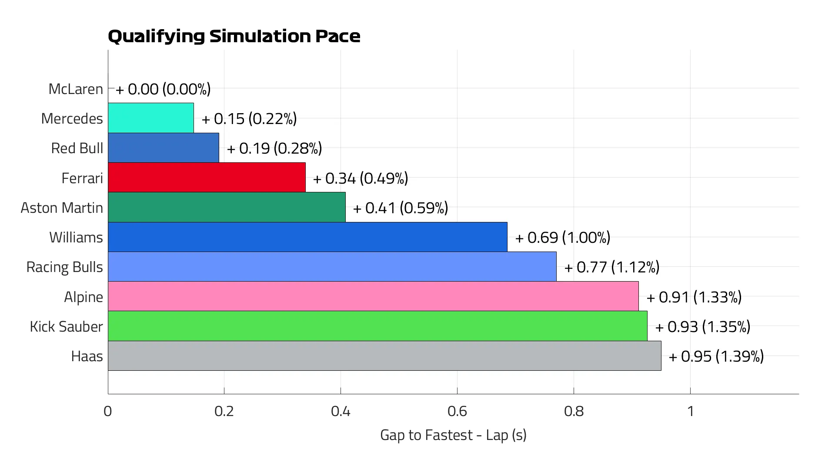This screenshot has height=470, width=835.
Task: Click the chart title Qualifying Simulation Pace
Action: [x=234, y=36]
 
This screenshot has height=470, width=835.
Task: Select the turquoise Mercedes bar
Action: [x=150, y=118]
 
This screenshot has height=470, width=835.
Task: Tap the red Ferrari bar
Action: [x=207, y=178]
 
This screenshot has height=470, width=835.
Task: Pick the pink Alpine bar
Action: [x=373, y=296]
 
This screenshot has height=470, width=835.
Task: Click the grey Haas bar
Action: [x=384, y=356]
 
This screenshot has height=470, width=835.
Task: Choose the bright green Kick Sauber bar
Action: [x=377, y=326]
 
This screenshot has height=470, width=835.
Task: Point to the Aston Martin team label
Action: [x=62, y=208]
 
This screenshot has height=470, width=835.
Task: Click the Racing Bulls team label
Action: [x=64, y=267]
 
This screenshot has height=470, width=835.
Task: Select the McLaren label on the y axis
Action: [x=76, y=89]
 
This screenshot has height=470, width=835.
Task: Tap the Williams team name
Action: [x=76, y=237]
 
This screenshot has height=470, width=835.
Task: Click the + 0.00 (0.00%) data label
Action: [x=163, y=89]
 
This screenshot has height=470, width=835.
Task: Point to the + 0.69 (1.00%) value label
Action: [x=563, y=237]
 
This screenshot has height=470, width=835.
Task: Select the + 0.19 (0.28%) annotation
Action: [x=274, y=148]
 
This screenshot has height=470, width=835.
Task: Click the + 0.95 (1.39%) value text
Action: [x=716, y=356]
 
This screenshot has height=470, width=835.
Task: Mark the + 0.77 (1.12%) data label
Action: [x=612, y=267]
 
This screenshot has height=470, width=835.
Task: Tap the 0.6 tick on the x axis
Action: [x=457, y=411]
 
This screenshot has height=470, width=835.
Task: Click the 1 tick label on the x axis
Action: [x=690, y=411]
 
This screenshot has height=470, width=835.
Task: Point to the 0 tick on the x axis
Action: [x=108, y=411]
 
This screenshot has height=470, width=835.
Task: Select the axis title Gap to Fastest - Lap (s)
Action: [x=453, y=435]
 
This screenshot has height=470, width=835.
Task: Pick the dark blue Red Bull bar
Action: [x=163, y=148]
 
